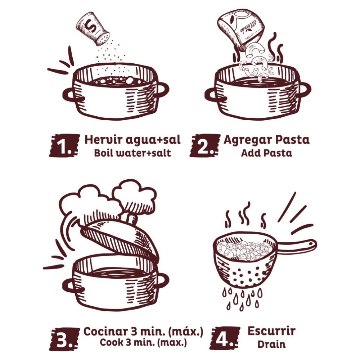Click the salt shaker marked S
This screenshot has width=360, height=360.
[93, 29]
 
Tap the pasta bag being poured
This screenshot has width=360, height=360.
[241, 30]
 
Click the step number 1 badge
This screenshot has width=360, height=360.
[64, 146]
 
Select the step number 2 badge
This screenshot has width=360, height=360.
[205, 146]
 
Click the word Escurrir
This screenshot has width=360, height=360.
[271, 331]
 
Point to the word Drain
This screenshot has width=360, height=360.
[271, 345]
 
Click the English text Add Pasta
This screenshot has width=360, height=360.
[266, 153]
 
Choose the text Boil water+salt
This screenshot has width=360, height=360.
[132, 153]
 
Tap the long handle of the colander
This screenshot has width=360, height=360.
[297, 245]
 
